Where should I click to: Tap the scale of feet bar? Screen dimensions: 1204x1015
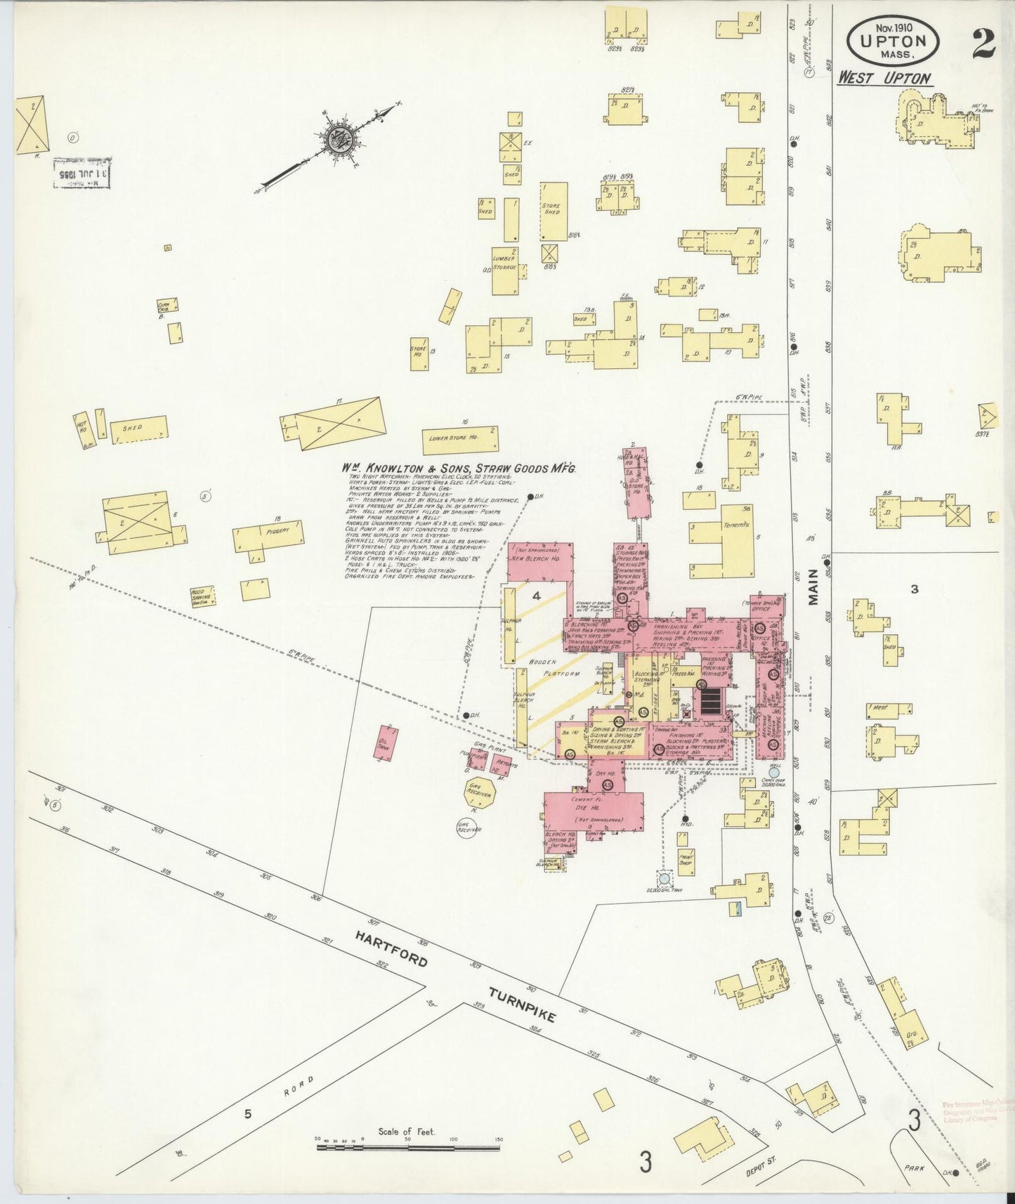click(408, 1147)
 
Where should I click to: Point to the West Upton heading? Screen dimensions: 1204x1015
click(884, 78)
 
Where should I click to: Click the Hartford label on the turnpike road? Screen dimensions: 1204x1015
click(390, 948)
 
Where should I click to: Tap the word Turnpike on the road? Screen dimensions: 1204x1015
click(523, 1004)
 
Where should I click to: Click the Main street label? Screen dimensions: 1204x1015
click(813, 587)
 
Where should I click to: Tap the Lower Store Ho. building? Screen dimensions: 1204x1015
click(459, 440)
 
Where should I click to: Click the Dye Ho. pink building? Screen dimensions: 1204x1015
click(594, 808)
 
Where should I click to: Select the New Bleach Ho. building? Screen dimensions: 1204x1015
click(539, 560)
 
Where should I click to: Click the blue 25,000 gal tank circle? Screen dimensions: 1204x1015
click(664, 878)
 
